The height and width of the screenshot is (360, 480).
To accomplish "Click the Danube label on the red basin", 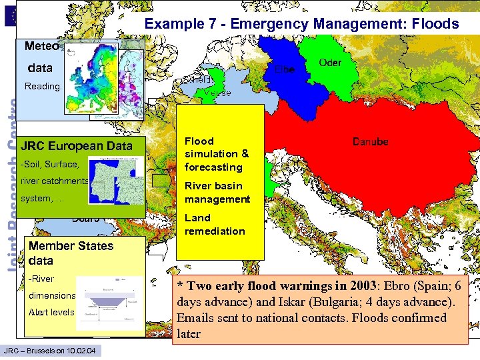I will tap(370, 142).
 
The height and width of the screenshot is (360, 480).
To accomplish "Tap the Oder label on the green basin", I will tap(330, 63).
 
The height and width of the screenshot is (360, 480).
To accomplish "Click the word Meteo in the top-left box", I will tap(42, 47).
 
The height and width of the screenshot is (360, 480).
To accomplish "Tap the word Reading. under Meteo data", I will tap(42, 87).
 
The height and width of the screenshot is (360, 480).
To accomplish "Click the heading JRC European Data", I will tap(77, 146).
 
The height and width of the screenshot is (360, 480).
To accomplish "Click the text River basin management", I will tap(217, 192).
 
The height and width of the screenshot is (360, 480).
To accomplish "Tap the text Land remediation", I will tap(215, 224).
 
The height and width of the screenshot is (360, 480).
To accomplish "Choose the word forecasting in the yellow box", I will tap(213, 167).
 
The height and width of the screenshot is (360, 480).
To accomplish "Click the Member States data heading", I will tap(71, 253).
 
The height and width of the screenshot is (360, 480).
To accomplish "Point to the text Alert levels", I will tap(51, 312).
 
